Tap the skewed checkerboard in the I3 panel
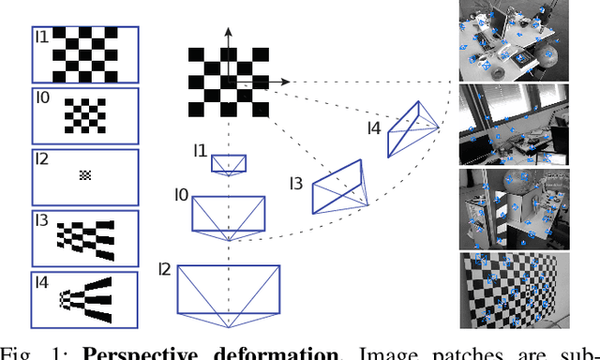pos(90,237)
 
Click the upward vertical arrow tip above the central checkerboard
pos(226,32)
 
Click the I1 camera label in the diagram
pos(200,150)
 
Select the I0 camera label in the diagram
pos(181,196)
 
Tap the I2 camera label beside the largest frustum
pos(166,271)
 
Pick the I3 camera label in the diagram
pos(297,183)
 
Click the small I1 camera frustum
pos(228,163)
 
